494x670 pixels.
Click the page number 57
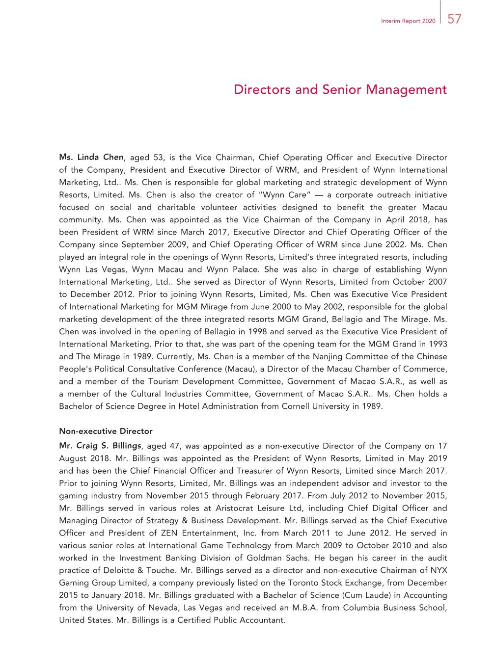click(454, 19)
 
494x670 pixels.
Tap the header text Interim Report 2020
click(408, 21)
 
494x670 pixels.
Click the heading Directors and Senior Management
click(340, 90)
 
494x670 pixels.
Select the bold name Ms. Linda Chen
click(91, 158)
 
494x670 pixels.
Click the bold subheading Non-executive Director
click(106, 431)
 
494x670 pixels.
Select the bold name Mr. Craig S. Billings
click(101, 446)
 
